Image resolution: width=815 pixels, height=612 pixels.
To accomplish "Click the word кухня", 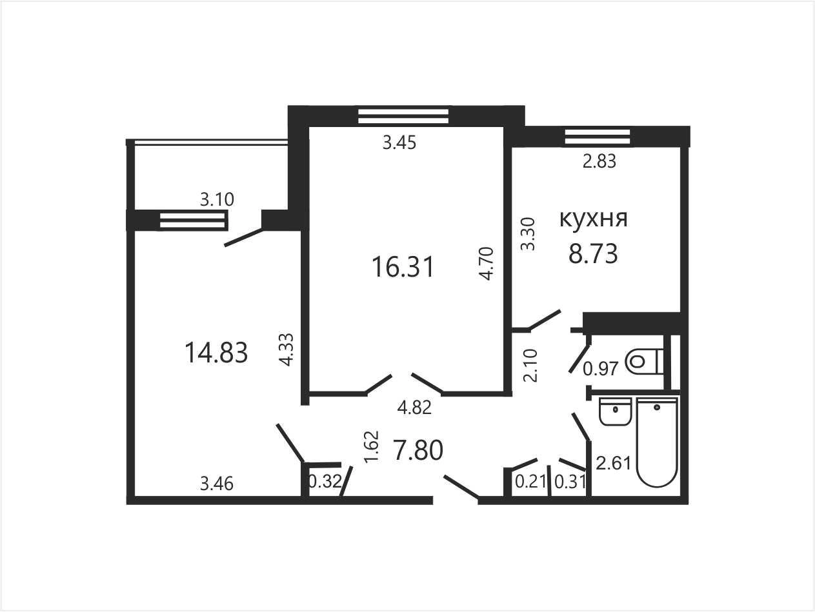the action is pyautogui.click(x=593, y=219).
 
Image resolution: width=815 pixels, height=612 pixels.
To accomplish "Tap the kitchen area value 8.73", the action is pyautogui.click(x=593, y=253).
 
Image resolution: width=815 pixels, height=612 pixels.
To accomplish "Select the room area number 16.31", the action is pyautogui.click(x=403, y=267).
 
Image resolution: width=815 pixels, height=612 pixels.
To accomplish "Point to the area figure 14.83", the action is pyautogui.click(x=216, y=353).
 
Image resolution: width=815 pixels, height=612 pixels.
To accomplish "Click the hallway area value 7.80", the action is pyautogui.click(x=418, y=450).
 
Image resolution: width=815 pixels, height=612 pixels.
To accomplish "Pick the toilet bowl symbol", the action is pyautogui.click(x=644, y=361).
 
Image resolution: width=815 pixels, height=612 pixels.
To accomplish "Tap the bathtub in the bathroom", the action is pyautogui.click(x=657, y=442).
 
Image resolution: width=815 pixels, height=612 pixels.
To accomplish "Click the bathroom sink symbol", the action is pyautogui.click(x=615, y=411).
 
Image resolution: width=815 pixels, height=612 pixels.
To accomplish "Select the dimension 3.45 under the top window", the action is pyautogui.click(x=399, y=143).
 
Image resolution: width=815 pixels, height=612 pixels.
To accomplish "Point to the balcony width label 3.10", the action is pyautogui.click(x=217, y=199).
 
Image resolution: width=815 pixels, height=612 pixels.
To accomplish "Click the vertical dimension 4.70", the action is pyautogui.click(x=487, y=264).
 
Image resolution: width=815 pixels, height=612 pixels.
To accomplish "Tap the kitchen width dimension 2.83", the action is pyautogui.click(x=599, y=161).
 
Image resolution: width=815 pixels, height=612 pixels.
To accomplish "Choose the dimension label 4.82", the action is pyautogui.click(x=414, y=408).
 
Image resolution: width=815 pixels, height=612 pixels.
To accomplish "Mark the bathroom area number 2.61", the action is pyautogui.click(x=614, y=463).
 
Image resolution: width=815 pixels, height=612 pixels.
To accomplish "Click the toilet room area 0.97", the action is pyautogui.click(x=601, y=369).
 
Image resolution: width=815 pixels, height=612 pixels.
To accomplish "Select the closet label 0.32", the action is pyautogui.click(x=325, y=482).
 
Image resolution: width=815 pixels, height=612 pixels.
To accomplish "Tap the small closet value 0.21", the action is pyautogui.click(x=530, y=482).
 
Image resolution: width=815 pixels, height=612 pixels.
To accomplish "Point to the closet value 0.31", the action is pyautogui.click(x=570, y=482).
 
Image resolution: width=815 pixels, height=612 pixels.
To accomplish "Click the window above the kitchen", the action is pyautogui.click(x=598, y=137).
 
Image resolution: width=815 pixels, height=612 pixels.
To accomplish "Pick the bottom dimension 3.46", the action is pyautogui.click(x=217, y=484).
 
